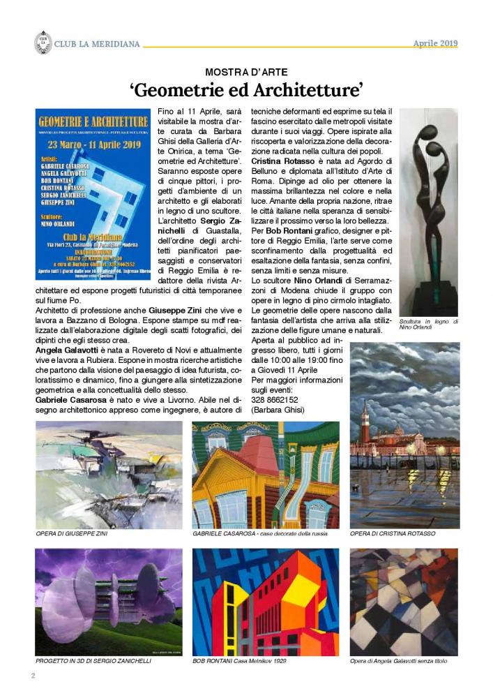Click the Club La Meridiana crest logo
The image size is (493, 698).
[43, 43]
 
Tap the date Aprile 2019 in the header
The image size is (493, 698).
[435, 43]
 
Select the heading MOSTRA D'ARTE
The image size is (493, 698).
[246, 72]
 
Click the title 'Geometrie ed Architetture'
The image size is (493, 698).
[246, 91]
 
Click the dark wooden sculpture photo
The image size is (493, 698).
[428, 211]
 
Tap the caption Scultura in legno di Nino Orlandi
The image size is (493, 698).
[428, 324]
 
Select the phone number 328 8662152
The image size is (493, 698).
[275, 400]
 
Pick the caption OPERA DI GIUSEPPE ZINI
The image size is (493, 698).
[72, 533]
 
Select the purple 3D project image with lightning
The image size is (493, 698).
[108, 602]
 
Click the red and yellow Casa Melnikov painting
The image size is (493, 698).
[265, 602]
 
